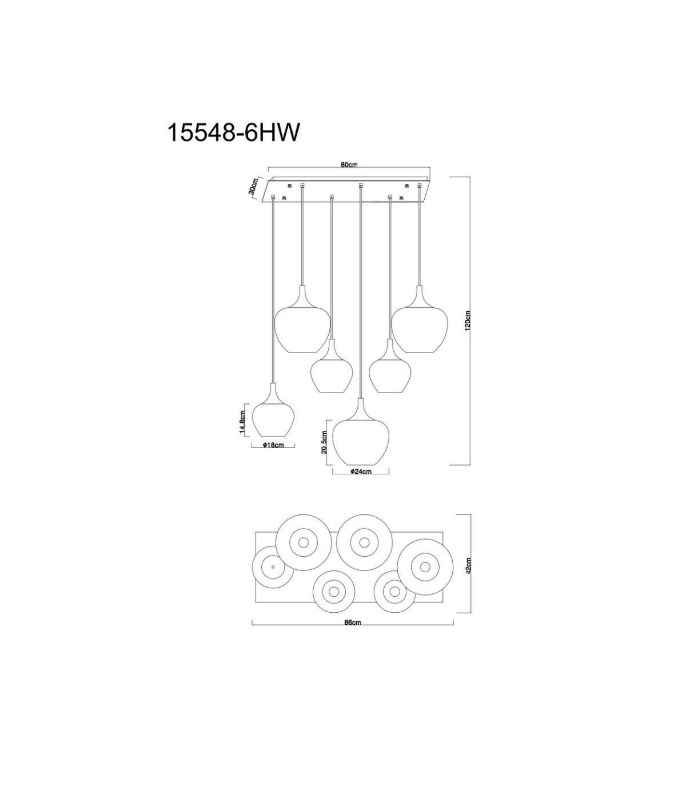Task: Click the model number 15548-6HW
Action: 233,133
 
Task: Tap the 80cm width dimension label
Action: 349,165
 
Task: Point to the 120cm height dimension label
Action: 467,320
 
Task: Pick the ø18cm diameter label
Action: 274,445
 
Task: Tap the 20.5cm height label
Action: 325,442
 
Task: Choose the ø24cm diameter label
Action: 361,471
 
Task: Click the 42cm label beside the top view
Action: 469,576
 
